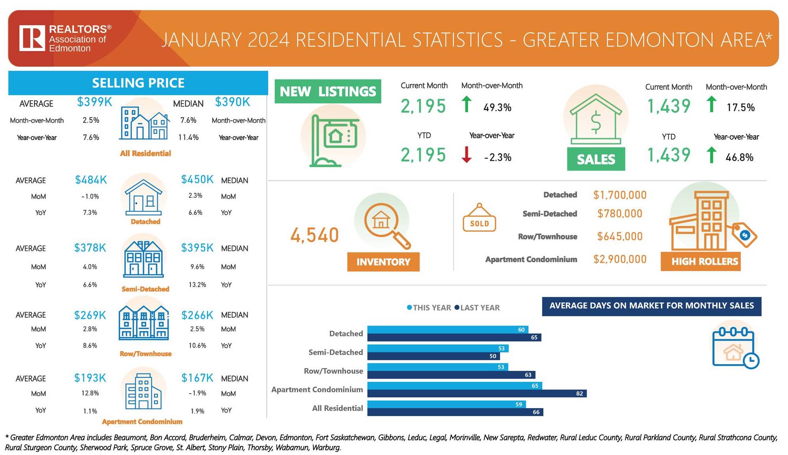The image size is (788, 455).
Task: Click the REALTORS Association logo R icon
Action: pyautogui.click(x=32, y=38)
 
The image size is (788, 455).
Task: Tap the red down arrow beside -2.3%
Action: pyautogui.click(x=466, y=155)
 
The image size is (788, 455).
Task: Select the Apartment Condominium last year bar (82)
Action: pyautogui.click(x=477, y=393)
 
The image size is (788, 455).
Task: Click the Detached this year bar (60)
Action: pyautogui.click(x=447, y=330)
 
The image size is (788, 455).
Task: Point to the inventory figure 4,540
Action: pyautogui.click(x=315, y=235)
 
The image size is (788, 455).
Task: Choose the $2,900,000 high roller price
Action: pyautogui.click(x=620, y=259)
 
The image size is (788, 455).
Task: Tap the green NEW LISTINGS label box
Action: pyautogui.click(x=328, y=92)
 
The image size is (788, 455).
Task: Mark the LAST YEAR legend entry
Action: pyautogui.click(x=477, y=308)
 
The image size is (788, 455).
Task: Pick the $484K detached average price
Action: pyautogui.click(x=91, y=180)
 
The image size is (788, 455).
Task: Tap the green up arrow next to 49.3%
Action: pyautogui.click(x=466, y=105)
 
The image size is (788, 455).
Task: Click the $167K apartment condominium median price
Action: pyautogui.click(x=197, y=378)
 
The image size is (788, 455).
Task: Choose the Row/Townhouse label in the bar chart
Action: pyautogui.click(x=333, y=371)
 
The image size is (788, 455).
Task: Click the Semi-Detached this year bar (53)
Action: pyautogui.click(x=438, y=348)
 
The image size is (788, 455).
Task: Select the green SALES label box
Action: pyautogui.click(x=596, y=159)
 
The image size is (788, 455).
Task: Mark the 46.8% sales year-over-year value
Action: pyautogui.click(x=739, y=157)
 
